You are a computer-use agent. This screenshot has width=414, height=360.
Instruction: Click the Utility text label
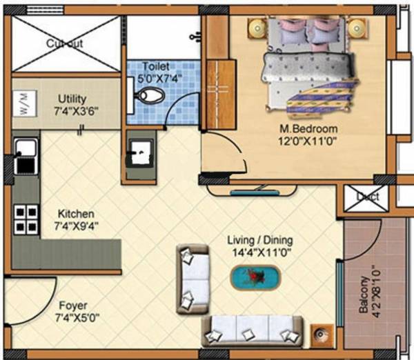click(x=72, y=99)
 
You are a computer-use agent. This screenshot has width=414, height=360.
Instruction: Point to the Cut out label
click(x=65, y=44)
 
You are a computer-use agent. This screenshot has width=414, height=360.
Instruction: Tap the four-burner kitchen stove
click(x=26, y=219)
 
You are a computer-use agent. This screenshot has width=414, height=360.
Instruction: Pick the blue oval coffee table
click(x=255, y=279)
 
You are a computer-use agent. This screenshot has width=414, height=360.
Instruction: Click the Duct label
click(x=368, y=197)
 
